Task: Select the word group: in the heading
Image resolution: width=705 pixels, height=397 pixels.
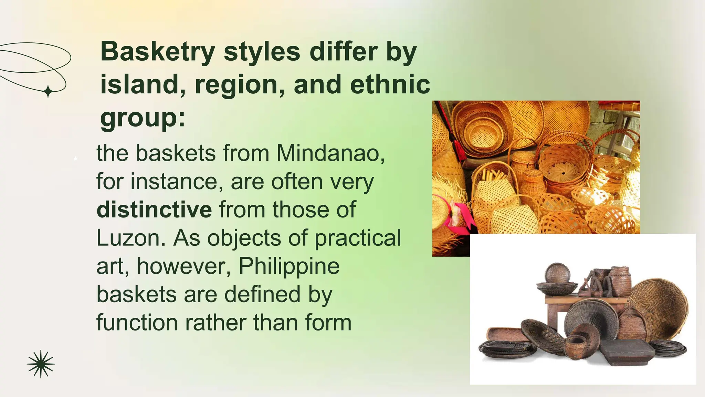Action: coord(143,118)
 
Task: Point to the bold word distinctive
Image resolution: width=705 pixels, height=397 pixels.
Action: coord(154,210)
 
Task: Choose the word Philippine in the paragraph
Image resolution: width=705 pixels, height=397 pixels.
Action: coord(289,266)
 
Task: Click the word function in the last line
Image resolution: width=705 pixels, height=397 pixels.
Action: coord(137,323)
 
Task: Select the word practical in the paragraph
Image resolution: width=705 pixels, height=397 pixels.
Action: coord(358,238)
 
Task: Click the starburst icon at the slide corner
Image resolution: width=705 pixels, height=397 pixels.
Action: coord(41,364)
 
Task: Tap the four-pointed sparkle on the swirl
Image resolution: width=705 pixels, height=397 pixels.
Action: coord(48,91)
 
